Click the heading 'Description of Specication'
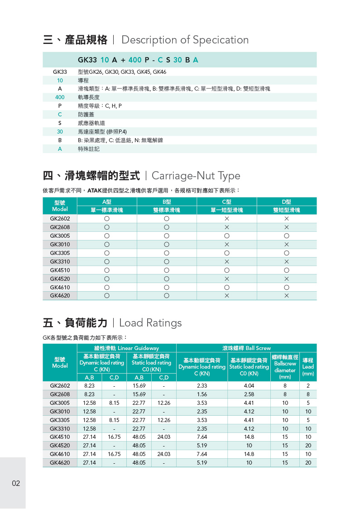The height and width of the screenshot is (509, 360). point(185,40)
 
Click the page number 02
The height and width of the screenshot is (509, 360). point(16,483)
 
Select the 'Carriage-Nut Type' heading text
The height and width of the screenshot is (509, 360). point(196,176)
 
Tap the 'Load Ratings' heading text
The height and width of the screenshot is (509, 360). point(150,323)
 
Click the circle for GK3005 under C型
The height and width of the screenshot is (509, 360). point(226,236)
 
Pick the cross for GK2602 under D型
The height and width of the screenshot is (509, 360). point(286,219)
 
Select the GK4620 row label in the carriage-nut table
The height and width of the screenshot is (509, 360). point(60,296)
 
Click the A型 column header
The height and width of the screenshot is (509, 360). point(107,202)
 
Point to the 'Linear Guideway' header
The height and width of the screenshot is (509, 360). point(126,348)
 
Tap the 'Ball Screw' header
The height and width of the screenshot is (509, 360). point(246,348)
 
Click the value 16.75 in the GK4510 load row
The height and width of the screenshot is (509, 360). point(114,437)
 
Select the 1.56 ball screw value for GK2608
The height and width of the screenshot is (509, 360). point(202,394)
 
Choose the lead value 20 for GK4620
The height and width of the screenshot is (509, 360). point(308,463)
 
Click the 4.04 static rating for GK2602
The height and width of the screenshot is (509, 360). point(249,386)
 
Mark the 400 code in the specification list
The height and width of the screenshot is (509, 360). point(60,97)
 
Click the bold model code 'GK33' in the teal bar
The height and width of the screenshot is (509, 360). point(87,60)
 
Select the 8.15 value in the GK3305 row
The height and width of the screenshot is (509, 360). point(114,420)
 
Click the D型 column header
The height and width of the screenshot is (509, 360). point(286,202)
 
